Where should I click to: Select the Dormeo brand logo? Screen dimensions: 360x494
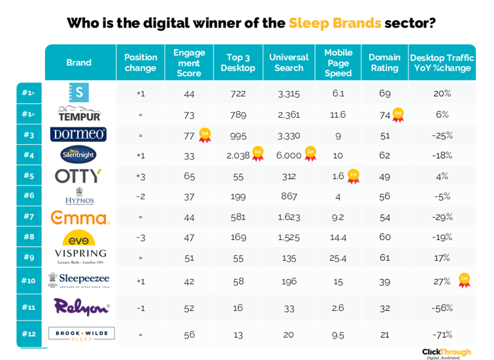[x=78, y=135]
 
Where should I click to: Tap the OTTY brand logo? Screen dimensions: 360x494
[x=78, y=176]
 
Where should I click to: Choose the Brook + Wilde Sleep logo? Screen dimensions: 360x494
[x=81, y=333]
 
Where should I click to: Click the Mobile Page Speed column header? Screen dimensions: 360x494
[x=338, y=63]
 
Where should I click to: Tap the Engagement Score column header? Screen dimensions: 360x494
[x=189, y=63]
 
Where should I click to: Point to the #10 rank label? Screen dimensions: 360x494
[x=29, y=280]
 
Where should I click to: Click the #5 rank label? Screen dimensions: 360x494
[x=29, y=176]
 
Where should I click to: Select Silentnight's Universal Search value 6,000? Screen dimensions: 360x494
[x=288, y=155]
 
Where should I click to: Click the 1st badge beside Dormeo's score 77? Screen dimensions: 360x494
[x=205, y=135]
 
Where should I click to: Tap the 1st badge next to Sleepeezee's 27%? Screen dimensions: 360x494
[x=465, y=280]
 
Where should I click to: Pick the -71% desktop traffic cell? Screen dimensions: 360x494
[x=442, y=334]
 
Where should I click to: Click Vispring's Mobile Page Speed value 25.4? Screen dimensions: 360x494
[x=338, y=257]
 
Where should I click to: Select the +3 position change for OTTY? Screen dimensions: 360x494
[x=140, y=176]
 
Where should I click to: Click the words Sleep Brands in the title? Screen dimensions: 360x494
[x=335, y=24]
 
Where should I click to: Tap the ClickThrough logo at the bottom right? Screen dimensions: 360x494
[x=446, y=352]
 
